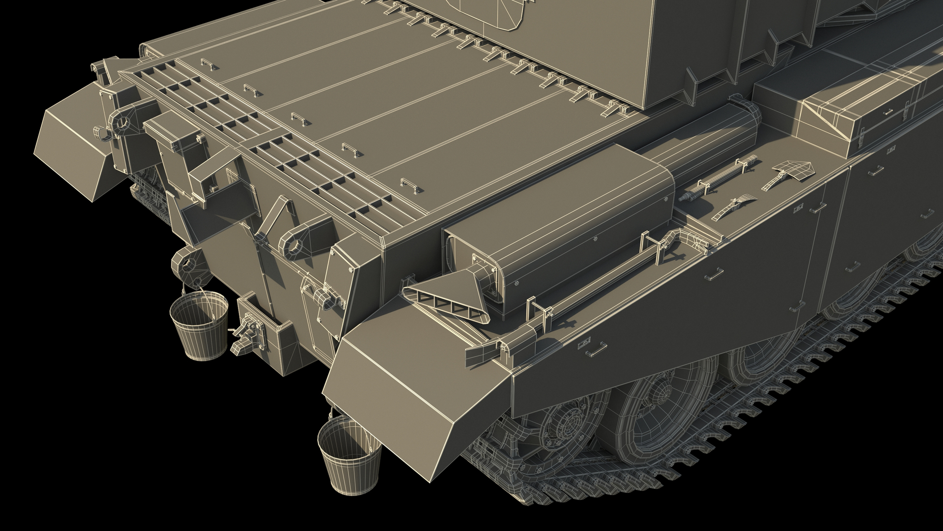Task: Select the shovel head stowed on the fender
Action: (x=791, y=169)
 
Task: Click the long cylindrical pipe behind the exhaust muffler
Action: (x=708, y=143)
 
